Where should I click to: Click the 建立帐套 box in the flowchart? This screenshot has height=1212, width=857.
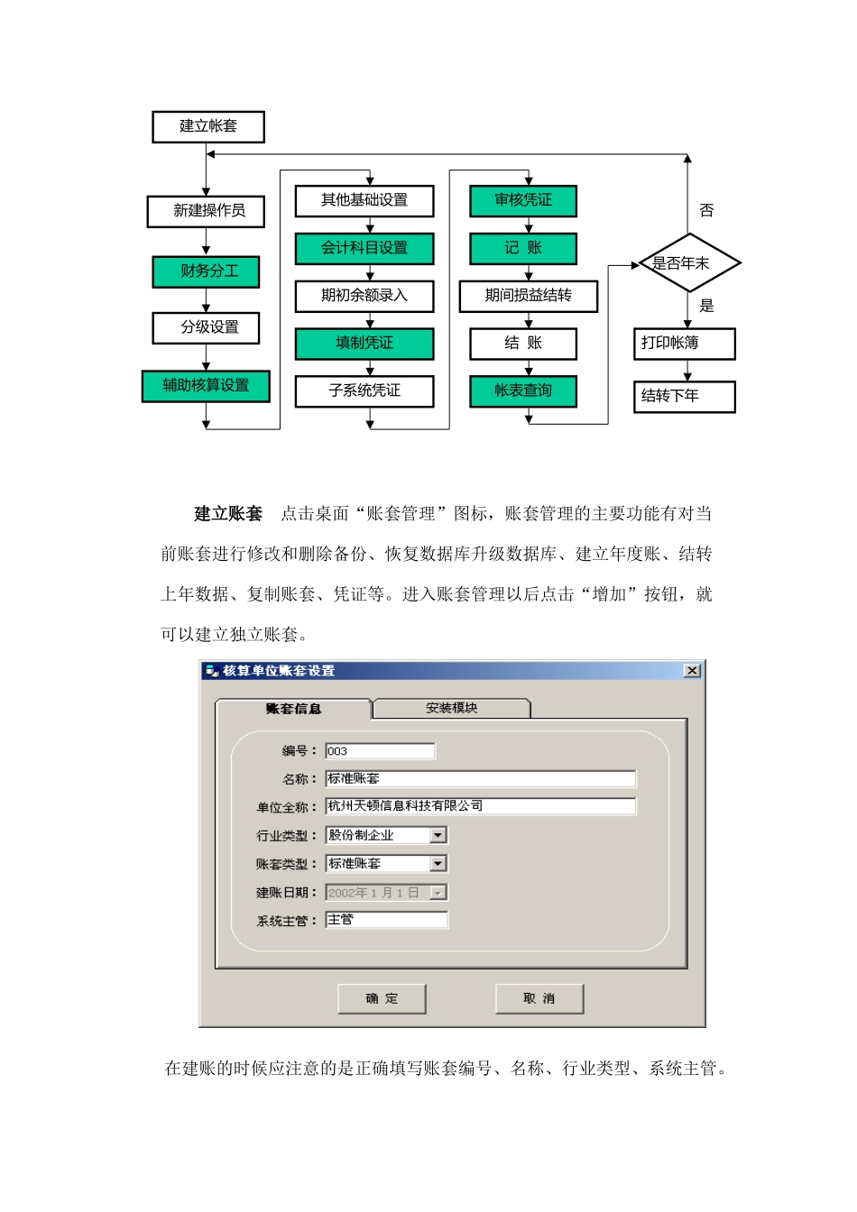(208, 127)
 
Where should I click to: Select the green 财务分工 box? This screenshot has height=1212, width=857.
(207, 271)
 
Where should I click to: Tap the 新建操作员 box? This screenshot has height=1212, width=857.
(207, 211)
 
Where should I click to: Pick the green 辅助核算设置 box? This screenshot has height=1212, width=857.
(206, 386)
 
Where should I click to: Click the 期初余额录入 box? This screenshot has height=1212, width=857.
(364, 296)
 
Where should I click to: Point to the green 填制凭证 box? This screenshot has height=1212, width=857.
(364, 344)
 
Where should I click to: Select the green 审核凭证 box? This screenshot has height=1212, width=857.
(523, 200)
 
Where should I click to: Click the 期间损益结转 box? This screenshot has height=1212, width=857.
(529, 296)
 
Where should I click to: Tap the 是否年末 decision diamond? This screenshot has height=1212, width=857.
(688, 263)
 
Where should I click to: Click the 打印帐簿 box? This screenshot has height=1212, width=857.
(684, 344)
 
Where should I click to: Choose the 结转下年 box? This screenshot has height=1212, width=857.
(684, 396)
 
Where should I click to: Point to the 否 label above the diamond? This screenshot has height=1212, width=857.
(706, 211)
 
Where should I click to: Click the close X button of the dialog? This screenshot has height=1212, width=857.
(692, 670)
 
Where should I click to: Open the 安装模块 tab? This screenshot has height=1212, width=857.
(451, 709)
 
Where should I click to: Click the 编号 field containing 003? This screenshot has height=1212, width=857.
(380, 751)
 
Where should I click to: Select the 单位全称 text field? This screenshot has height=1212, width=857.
(480, 806)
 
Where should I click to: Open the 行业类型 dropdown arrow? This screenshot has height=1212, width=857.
(438, 835)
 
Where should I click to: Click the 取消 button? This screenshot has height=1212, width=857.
(539, 998)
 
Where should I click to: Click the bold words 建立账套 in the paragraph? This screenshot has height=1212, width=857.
(228, 514)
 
